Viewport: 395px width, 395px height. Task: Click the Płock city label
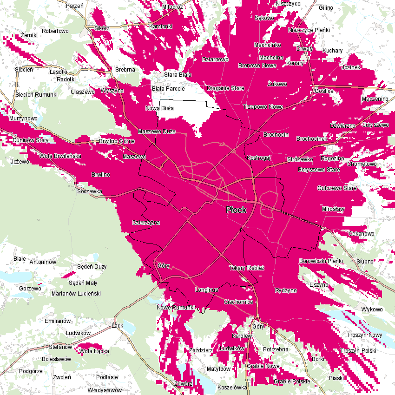pos(236,210)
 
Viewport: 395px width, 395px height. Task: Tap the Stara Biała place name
pos(178,74)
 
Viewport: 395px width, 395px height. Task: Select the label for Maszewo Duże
pos(157,132)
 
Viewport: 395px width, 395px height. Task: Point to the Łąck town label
pos(118,325)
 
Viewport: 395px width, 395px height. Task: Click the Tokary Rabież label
pos(246,268)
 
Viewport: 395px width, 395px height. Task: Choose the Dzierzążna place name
pos(146,222)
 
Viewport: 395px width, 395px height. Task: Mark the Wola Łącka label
pos(94,351)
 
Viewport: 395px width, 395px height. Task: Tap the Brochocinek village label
pos(312,139)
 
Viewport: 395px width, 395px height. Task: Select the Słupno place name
pos(365,261)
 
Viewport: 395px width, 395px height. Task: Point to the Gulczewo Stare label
pos(336,188)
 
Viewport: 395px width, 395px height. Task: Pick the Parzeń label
pos(74,6)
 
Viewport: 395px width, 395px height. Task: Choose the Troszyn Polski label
pos(358,351)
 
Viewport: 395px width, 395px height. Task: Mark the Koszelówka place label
pos(232,387)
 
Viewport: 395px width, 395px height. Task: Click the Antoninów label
pos(43,262)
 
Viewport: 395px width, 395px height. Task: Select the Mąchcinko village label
pos(268,45)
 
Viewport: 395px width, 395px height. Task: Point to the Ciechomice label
pos(238,302)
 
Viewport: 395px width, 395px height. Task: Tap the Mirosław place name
pos(333,210)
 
